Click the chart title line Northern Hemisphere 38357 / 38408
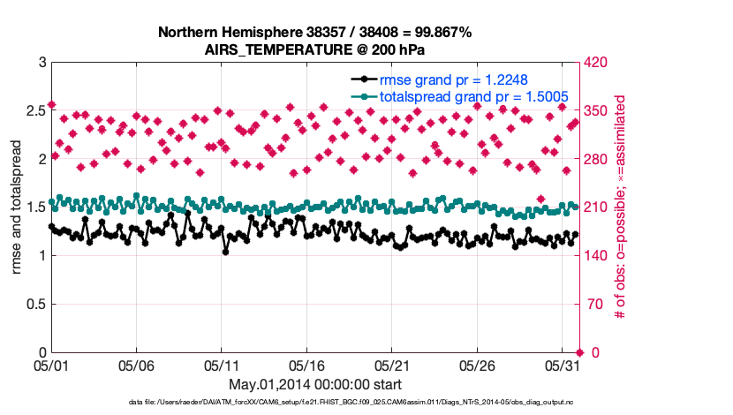click(314, 32)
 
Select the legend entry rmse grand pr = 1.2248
click(453, 79)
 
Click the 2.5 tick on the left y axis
click(34, 111)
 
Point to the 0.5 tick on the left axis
click(34, 305)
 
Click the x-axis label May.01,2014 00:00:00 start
click(314, 384)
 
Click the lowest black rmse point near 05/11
click(226, 252)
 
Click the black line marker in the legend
click(363, 79)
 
